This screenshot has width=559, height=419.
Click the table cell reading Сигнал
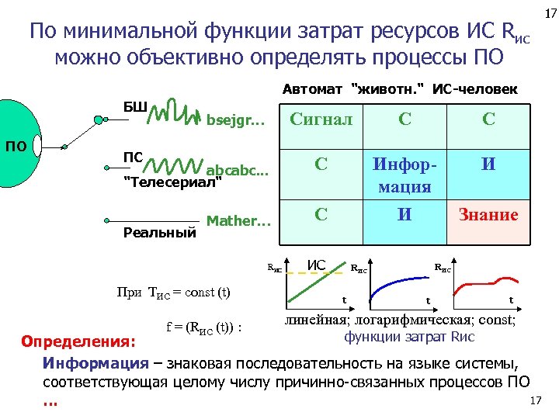[321, 119]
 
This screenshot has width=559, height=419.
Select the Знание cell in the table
[488, 215]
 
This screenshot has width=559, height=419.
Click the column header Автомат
[314, 88]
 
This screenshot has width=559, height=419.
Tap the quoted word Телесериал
[173, 183]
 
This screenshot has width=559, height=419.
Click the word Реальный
[160, 231]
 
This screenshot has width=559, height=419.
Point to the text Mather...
[238, 221]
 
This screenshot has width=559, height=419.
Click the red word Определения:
[78, 341]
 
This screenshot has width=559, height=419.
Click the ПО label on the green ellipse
[16, 144]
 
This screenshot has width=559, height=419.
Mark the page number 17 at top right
[549, 14]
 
